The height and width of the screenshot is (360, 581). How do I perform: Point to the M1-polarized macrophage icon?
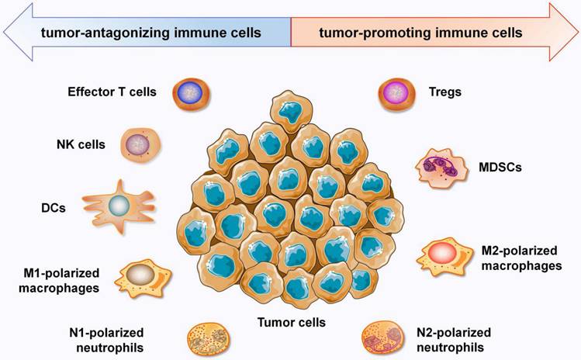pyautogui.click(x=143, y=275)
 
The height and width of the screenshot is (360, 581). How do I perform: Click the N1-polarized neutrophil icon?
pyautogui.click(x=205, y=339)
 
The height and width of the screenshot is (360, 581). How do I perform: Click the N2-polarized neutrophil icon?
pyautogui.click(x=383, y=337)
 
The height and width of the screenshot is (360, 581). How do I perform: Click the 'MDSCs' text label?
pyautogui.click(x=492, y=166)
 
